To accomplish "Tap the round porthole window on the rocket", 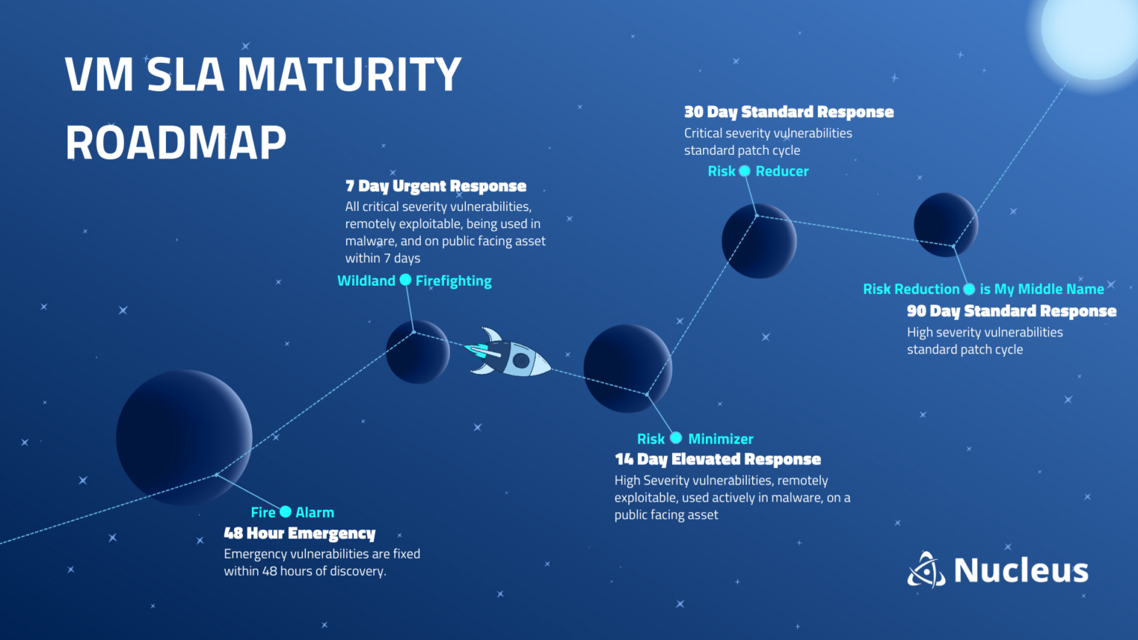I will click(x=521, y=361).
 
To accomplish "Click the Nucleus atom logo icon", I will click(x=926, y=570).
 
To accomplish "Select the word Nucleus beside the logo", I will click(x=1021, y=570).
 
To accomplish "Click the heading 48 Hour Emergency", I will click(x=299, y=533).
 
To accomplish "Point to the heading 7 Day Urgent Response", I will click(x=436, y=186).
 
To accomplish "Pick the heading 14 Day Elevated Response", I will click(x=717, y=459).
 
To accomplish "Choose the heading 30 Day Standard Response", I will click(x=788, y=112).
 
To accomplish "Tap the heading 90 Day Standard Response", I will click(x=1011, y=311).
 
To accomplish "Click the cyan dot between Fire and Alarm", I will click(x=285, y=512).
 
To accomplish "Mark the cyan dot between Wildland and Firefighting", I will click(x=405, y=280).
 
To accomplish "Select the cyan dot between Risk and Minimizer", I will click(x=676, y=438).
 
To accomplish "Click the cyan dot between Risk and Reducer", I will click(x=745, y=171).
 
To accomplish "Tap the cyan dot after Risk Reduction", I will click(x=969, y=289).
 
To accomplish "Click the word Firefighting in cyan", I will click(x=453, y=281).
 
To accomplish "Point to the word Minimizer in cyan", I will click(x=720, y=439).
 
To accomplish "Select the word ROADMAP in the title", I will click(x=176, y=142).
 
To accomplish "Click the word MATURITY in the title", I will click(x=349, y=75).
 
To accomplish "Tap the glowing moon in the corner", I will click(x=1089, y=30).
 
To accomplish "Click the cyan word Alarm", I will click(x=315, y=513).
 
